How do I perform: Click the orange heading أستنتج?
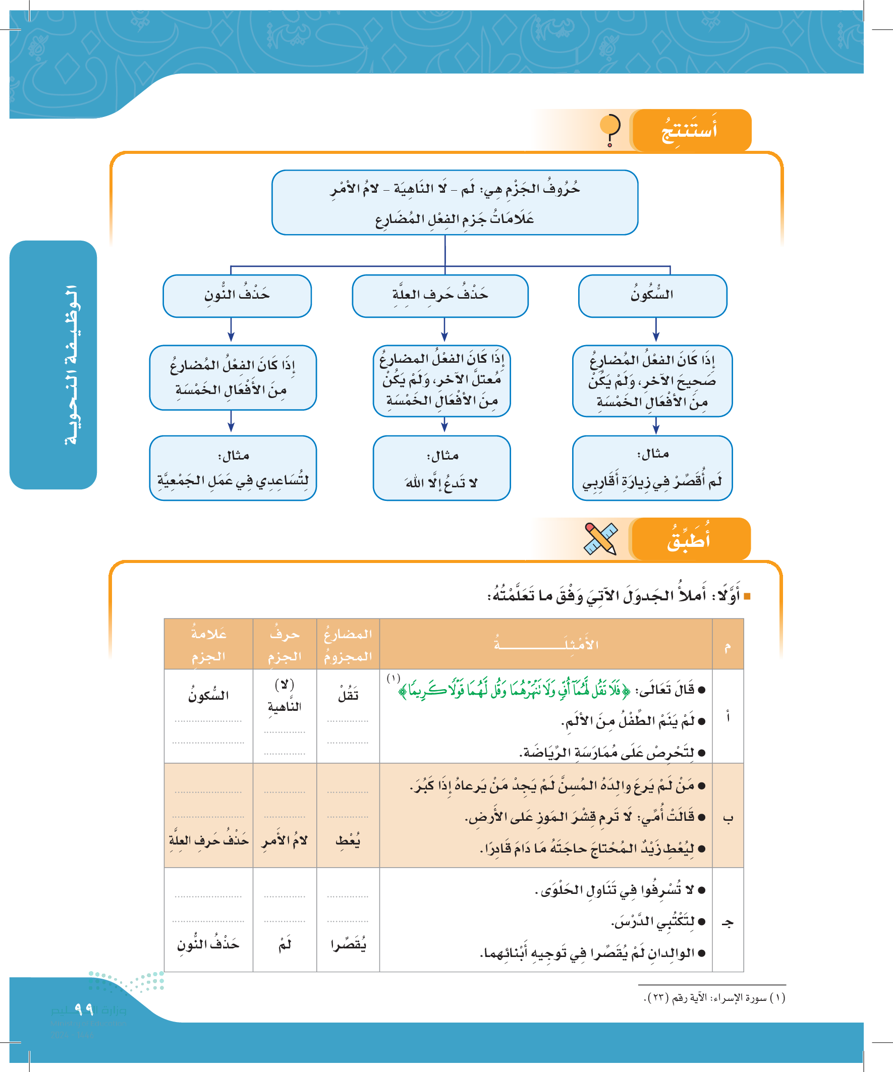point(690,131)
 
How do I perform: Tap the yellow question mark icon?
point(609,130)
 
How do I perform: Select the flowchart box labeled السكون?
point(652,296)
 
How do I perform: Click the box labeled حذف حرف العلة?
point(440,296)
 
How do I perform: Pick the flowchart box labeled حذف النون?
point(237,296)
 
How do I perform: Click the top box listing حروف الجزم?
point(455,202)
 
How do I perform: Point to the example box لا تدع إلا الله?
point(441,468)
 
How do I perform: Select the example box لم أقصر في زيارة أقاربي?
point(652,468)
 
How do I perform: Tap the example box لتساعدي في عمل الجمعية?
point(233,468)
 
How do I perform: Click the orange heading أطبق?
point(690,540)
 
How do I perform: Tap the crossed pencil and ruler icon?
point(600,539)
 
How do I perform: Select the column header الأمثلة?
point(546,644)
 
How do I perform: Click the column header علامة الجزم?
point(208,644)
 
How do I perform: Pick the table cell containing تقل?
point(348,695)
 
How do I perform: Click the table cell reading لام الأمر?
point(285,841)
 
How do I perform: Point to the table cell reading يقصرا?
point(348,945)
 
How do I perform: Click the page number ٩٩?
point(84,1009)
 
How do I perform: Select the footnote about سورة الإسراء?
point(714,997)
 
